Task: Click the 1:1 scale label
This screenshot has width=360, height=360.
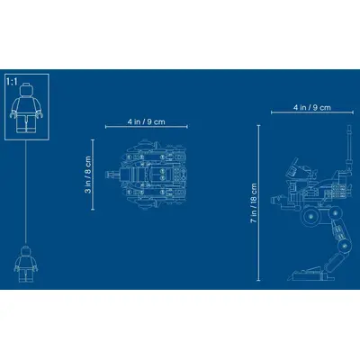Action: pos(12,81)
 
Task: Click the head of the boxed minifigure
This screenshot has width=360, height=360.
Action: pos(26,88)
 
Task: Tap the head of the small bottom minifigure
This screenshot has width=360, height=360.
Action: pos(26,250)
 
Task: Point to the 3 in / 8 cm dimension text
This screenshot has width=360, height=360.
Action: pos(88,175)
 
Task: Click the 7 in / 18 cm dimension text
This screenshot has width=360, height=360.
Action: pos(254,202)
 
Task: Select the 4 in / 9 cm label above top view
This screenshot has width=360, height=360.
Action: pos(147,121)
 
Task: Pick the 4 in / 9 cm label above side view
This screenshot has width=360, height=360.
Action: pos(312,107)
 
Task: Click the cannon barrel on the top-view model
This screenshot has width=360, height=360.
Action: pos(112,175)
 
